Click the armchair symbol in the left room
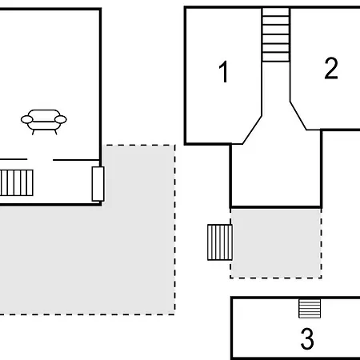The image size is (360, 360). coord(44,122)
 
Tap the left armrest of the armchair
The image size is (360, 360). coord(27,120)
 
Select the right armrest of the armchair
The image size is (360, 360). coord(61,120)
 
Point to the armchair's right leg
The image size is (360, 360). coord(56,132)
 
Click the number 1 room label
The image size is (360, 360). coord(224,71)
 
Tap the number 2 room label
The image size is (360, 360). coord(331,68)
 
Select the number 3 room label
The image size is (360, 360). coord(307,338)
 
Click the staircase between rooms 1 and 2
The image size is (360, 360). coord(276,34)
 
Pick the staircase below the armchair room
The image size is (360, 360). coord(17,182)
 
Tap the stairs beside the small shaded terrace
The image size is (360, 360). coord(220,242)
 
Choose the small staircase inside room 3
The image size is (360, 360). coord(310,309)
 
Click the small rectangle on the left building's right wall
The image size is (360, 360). coord(98,184)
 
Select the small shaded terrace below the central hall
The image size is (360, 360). coord(276,243)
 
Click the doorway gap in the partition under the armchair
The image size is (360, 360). coord(40,160)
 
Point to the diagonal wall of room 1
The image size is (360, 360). coord(252,130)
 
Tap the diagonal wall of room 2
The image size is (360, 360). coord(298,116)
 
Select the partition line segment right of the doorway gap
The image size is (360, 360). coord(76,160)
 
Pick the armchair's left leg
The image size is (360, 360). coord(34,132)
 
